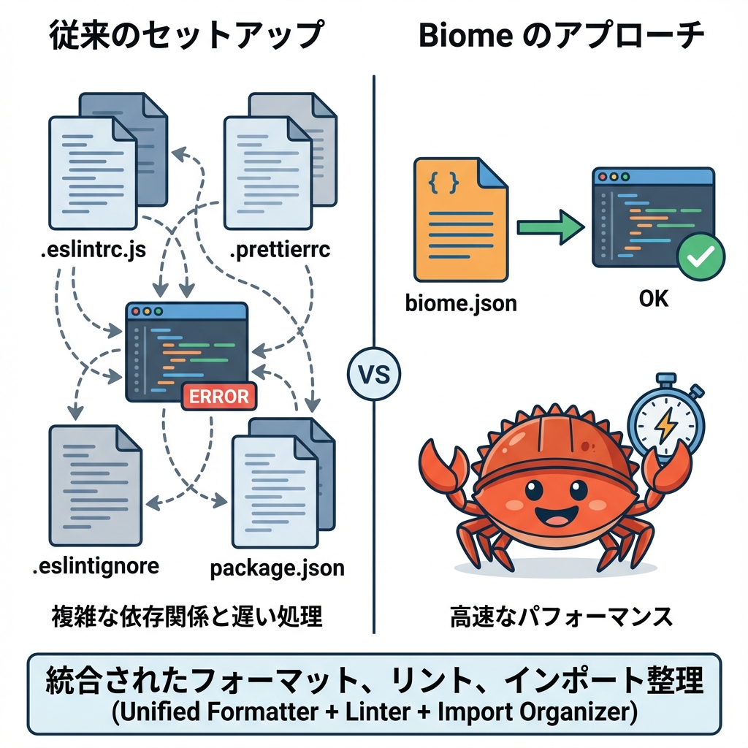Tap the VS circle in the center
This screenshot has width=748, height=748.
pos(374,375)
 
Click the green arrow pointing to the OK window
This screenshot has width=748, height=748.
pos(549,228)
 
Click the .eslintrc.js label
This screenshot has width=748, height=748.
pos(93,251)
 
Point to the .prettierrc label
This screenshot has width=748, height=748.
pos(280,251)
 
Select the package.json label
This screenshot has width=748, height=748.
pos(277,568)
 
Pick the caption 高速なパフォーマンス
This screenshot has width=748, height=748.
pos(560,617)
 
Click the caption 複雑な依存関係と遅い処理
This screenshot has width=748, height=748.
pos(186,617)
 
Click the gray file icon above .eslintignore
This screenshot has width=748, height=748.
pos(94,485)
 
